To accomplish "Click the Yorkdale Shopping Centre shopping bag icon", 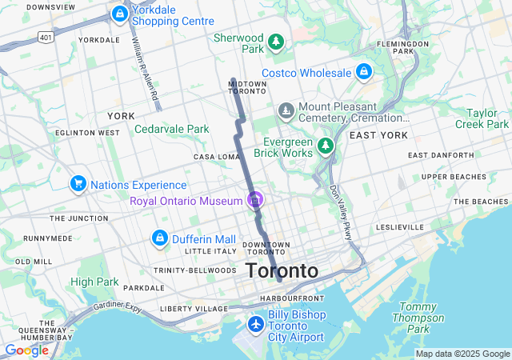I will point(119,14).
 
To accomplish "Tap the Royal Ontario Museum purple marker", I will point(255,200).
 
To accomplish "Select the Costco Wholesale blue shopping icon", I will point(364,73).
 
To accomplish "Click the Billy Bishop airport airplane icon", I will point(255,324).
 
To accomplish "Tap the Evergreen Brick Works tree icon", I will point(325,146).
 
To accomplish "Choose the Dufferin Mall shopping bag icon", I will point(159,238).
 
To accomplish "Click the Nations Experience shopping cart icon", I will point(78,185).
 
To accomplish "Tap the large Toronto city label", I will point(282,270).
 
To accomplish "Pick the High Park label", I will point(94,282).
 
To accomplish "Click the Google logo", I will point(26,350).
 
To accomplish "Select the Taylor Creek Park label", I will point(482,118).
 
